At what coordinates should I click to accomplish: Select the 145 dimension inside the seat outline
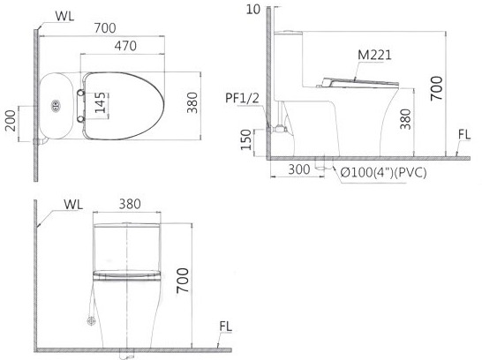tap(99, 104)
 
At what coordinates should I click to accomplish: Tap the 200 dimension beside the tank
tap(11, 120)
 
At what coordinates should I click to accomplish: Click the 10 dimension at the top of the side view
tap(255, 10)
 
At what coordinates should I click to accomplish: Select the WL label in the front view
tap(74, 205)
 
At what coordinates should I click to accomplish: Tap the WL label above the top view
tap(64, 15)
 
